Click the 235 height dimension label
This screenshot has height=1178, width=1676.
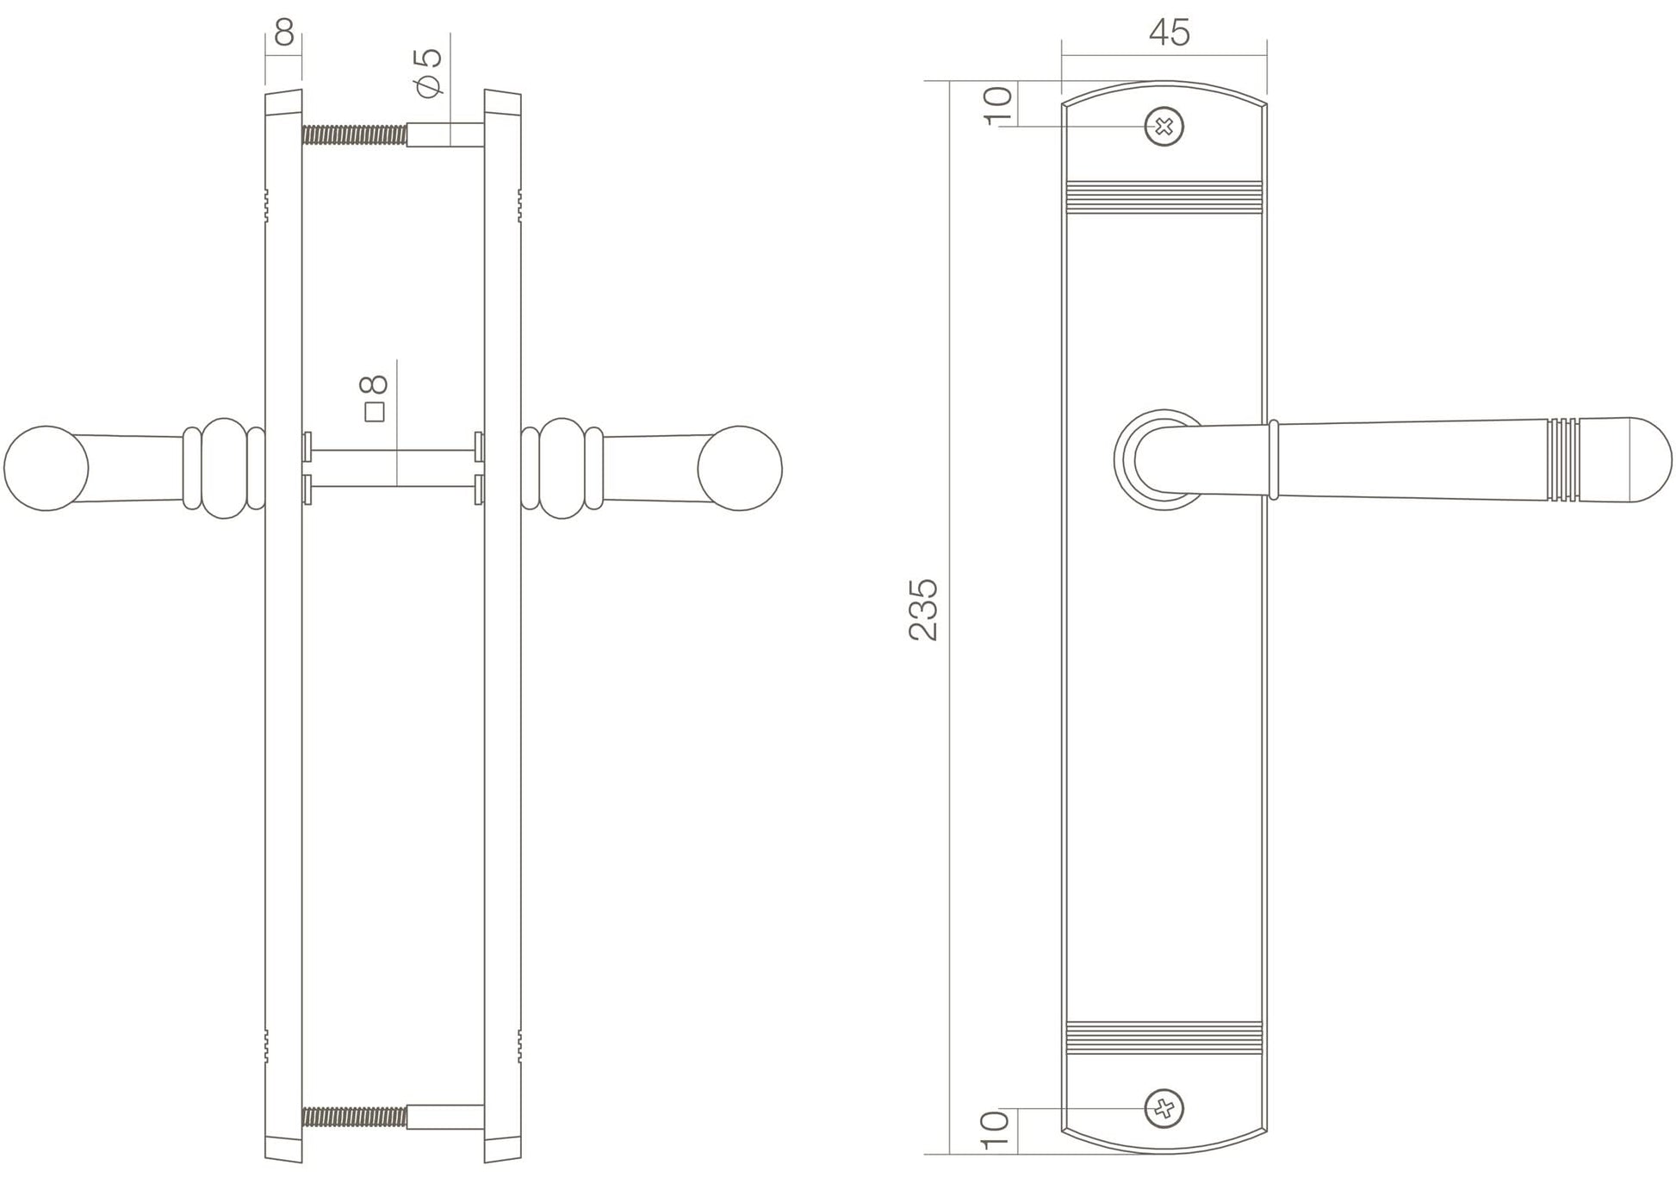pyautogui.click(x=922, y=609)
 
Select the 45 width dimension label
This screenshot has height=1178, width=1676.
pyautogui.click(x=1169, y=33)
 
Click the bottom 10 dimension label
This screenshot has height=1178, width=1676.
pyautogui.click(x=995, y=1130)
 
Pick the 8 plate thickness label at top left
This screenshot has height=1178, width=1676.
pyautogui.click(x=284, y=33)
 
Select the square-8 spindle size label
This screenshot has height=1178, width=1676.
pyautogui.click(x=376, y=397)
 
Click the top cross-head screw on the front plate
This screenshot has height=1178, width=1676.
pyautogui.click(x=1164, y=128)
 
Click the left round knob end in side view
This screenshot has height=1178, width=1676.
pyautogui.click(x=46, y=468)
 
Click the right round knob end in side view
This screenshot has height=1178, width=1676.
pyautogui.click(x=740, y=468)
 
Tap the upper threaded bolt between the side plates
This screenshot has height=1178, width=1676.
pyautogui.click(x=354, y=134)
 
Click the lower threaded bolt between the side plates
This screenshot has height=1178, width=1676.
pyautogui.click(x=354, y=1117)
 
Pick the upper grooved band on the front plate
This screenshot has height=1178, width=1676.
pyautogui.click(x=1164, y=197)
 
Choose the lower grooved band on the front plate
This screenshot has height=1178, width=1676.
pyautogui.click(x=1164, y=1038)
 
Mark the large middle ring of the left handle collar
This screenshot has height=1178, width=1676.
pyautogui.click(x=224, y=468)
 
